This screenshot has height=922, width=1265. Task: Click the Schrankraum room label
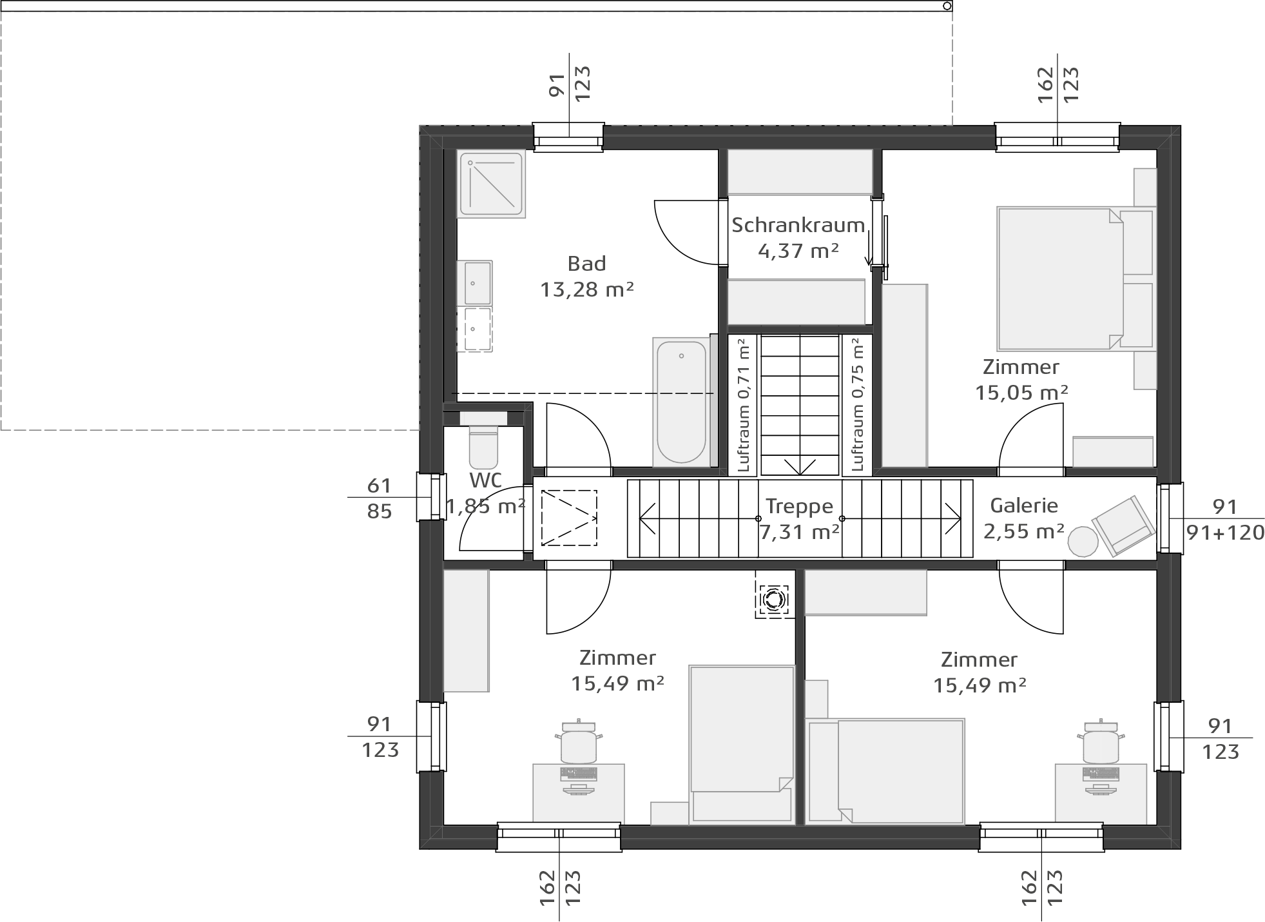798,225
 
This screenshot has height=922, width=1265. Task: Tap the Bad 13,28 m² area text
587,289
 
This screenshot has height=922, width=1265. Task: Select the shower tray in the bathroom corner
491,184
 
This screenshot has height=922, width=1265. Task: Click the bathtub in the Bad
681,402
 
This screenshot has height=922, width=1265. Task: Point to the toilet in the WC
483,445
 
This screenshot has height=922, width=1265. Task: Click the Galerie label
1024,505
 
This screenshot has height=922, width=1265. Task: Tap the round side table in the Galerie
1083,542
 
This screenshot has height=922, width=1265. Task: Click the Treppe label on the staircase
799,506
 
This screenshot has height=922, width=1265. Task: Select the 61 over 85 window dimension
380,498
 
